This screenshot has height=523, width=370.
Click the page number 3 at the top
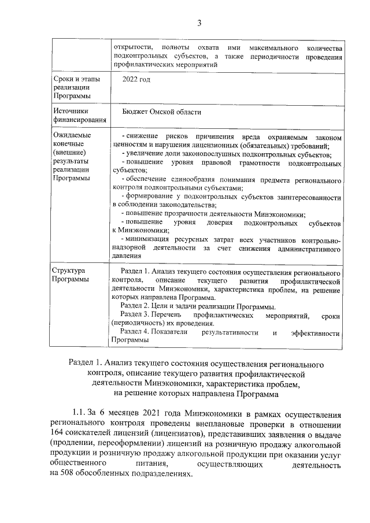199,23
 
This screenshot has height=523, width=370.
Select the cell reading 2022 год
136,79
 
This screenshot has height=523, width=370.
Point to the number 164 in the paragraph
58,435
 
